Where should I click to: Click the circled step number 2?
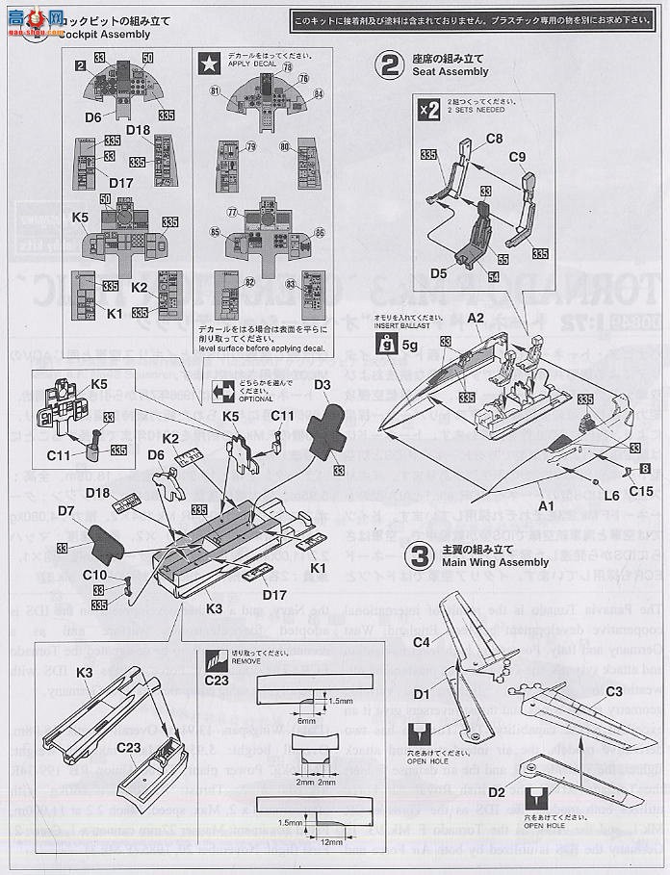390,64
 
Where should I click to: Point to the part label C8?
494,139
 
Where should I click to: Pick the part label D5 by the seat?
440,272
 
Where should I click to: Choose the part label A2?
476,317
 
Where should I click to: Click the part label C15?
643,490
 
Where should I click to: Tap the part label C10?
94,575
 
